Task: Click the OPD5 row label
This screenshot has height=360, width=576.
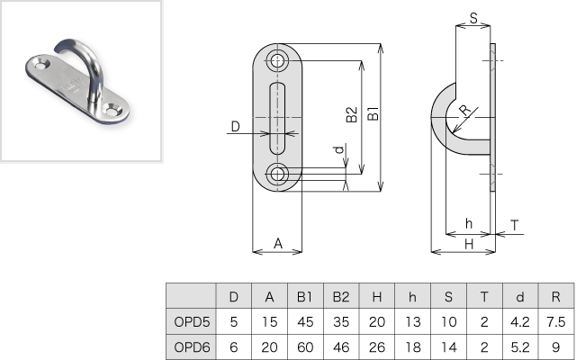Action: pyautogui.click(x=191, y=320)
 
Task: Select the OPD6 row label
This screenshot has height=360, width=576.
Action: pyautogui.click(x=191, y=346)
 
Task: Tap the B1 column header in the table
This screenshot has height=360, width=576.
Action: pyautogui.click(x=304, y=296)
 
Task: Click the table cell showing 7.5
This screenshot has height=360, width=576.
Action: pyautogui.click(x=555, y=320)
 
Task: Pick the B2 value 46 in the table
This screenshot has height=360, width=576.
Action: pyautogui.click(x=340, y=346)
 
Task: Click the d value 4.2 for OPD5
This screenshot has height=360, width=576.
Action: pyautogui.click(x=519, y=320)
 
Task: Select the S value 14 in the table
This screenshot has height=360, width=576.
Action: pyautogui.click(x=448, y=346)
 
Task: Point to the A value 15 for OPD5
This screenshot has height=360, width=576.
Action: pyautogui.click(x=268, y=320)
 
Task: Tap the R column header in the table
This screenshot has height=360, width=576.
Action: pyautogui.click(x=555, y=296)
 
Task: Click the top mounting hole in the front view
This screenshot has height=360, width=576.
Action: pyautogui.click(x=277, y=61)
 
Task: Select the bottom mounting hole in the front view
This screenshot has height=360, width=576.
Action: pyautogui.click(x=277, y=173)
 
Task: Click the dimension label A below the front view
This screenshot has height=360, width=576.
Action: pyautogui.click(x=278, y=242)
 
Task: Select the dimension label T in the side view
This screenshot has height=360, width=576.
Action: pyautogui.click(x=514, y=224)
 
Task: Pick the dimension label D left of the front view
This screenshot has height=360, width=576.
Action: pyautogui.click(x=235, y=127)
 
